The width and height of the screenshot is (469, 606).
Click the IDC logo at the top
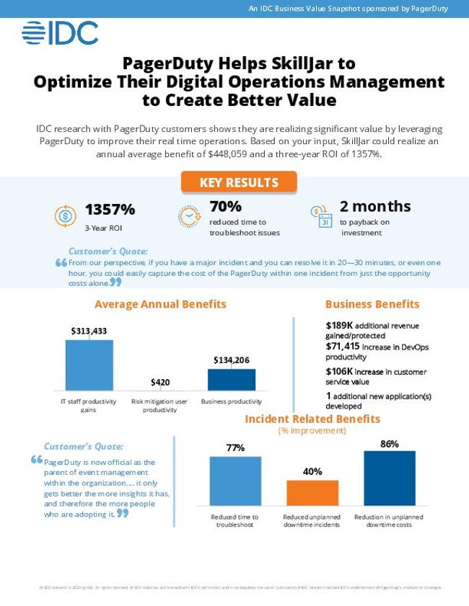(x=60, y=33)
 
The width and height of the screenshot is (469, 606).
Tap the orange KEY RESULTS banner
(x=238, y=182)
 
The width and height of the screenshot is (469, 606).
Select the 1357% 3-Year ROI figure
(x=110, y=210)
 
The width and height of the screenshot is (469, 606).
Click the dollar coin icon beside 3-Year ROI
(x=65, y=215)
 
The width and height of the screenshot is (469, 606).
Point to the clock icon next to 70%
(x=189, y=215)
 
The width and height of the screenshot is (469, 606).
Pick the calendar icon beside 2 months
(x=320, y=215)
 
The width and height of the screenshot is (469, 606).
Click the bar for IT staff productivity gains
(x=89, y=365)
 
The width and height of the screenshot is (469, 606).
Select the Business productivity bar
(x=231, y=379)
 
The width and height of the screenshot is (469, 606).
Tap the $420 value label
(x=160, y=382)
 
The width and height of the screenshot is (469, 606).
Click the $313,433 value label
(x=89, y=331)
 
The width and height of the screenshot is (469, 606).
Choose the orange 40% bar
(x=312, y=492)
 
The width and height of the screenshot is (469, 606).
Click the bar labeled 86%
(x=390, y=478)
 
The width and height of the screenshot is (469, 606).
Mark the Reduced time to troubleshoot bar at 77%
(x=235, y=481)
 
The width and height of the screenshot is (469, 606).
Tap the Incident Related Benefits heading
(x=312, y=419)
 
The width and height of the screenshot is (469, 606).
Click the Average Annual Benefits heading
(x=160, y=304)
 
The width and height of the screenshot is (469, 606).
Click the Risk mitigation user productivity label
(x=160, y=405)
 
